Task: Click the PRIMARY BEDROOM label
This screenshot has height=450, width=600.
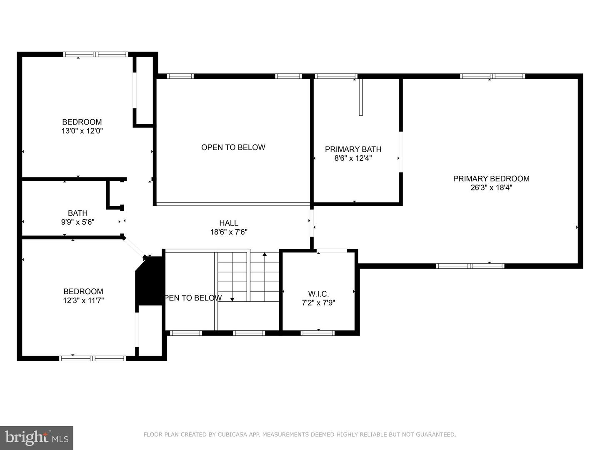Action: click(491, 178)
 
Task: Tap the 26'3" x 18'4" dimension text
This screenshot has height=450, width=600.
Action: click(491, 187)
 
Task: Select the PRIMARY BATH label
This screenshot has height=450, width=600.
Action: click(353, 149)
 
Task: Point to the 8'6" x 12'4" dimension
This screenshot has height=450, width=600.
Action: click(353, 158)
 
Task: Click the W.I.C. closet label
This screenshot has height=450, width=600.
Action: click(318, 294)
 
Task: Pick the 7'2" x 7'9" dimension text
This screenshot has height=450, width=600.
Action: click(318, 303)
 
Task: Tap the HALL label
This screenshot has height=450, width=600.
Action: click(229, 223)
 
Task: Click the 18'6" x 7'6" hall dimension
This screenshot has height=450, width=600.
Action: click(229, 232)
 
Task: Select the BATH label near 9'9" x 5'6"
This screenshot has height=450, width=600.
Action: click(77, 213)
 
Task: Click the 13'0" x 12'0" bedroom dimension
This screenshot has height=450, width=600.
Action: click(82, 131)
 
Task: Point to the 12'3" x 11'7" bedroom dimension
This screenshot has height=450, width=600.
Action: click(83, 300)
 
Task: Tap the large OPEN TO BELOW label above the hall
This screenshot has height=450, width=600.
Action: click(233, 147)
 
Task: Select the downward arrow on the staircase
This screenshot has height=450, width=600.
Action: click(232, 298)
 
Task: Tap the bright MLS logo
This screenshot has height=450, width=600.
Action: click(37, 437)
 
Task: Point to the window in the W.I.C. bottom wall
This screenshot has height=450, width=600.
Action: click(317, 333)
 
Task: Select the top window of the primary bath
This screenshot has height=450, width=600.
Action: click(336, 76)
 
